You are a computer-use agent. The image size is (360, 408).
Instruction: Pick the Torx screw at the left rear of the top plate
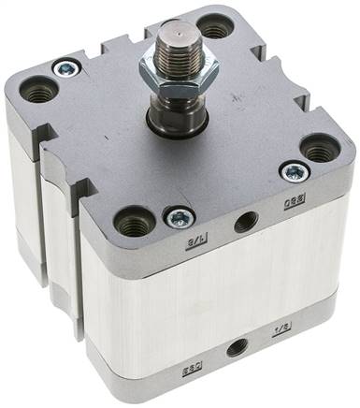(65, 67)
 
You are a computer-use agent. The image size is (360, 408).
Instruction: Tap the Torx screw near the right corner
(295, 171)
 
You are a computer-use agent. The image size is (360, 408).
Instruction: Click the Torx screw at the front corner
(178, 217)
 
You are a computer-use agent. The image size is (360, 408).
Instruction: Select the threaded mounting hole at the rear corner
(214, 29)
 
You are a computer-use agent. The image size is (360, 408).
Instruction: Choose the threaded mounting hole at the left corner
(39, 91)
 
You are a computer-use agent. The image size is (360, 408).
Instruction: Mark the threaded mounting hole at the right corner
(320, 149)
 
